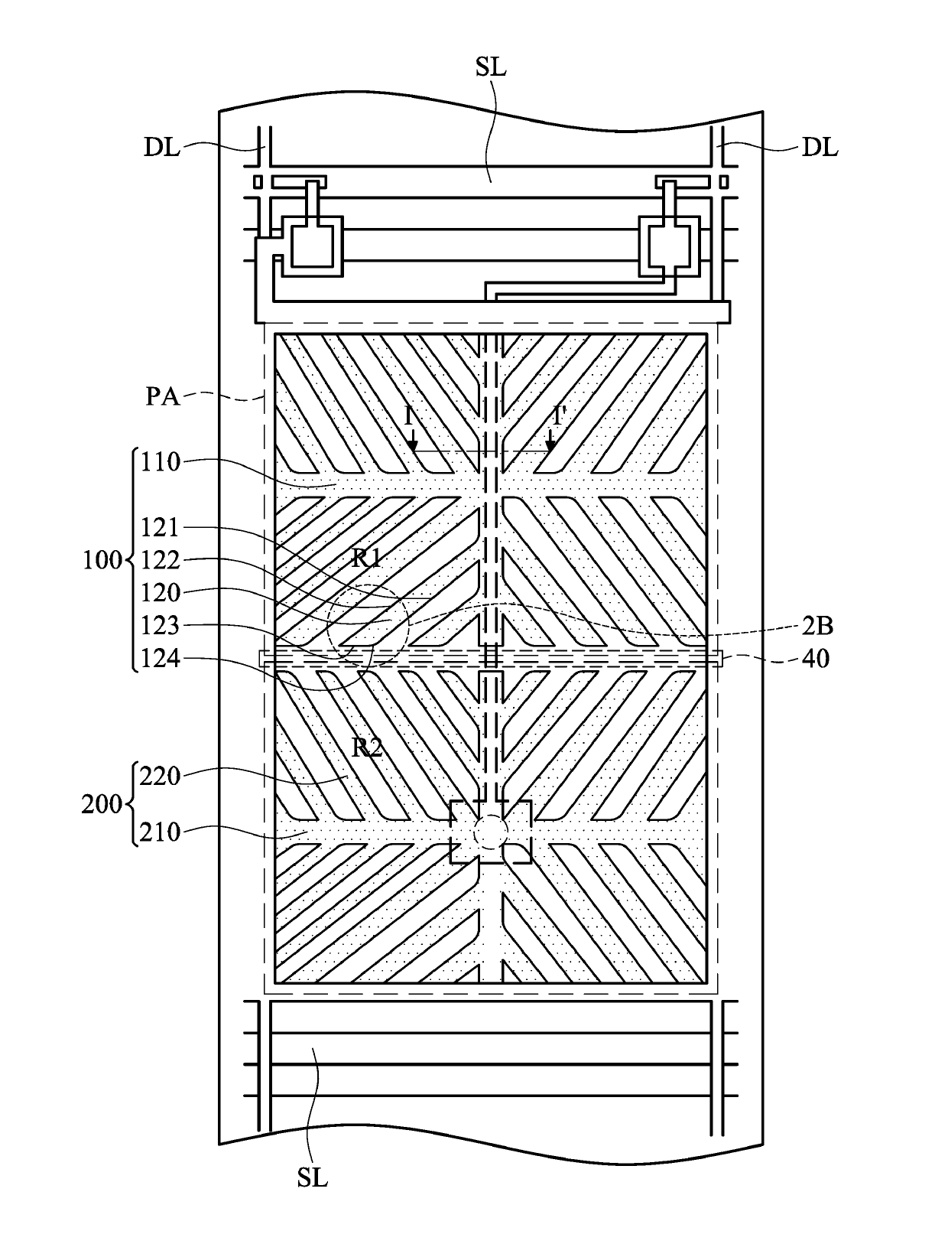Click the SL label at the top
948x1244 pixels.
click(x=490, y=67)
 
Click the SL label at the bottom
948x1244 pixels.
click(x=312, y=1178)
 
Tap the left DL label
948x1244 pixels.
click(x=161, y=148)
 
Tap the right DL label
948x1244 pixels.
click(x=820, y=148)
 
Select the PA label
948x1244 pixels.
click(x=163, y=396)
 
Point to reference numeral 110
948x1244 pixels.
click(x=161, y=462)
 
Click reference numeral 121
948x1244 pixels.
click(x=161, y=528)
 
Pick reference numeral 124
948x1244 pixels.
click(x=161, y=659)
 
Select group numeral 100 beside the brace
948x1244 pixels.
click(x=102, y=560)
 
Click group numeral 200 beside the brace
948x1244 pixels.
click(x=102, y=803)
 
